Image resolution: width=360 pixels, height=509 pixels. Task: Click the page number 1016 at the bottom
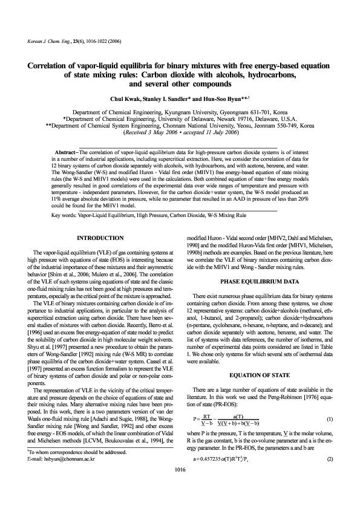pyautogui.click(x=180, y=485)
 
